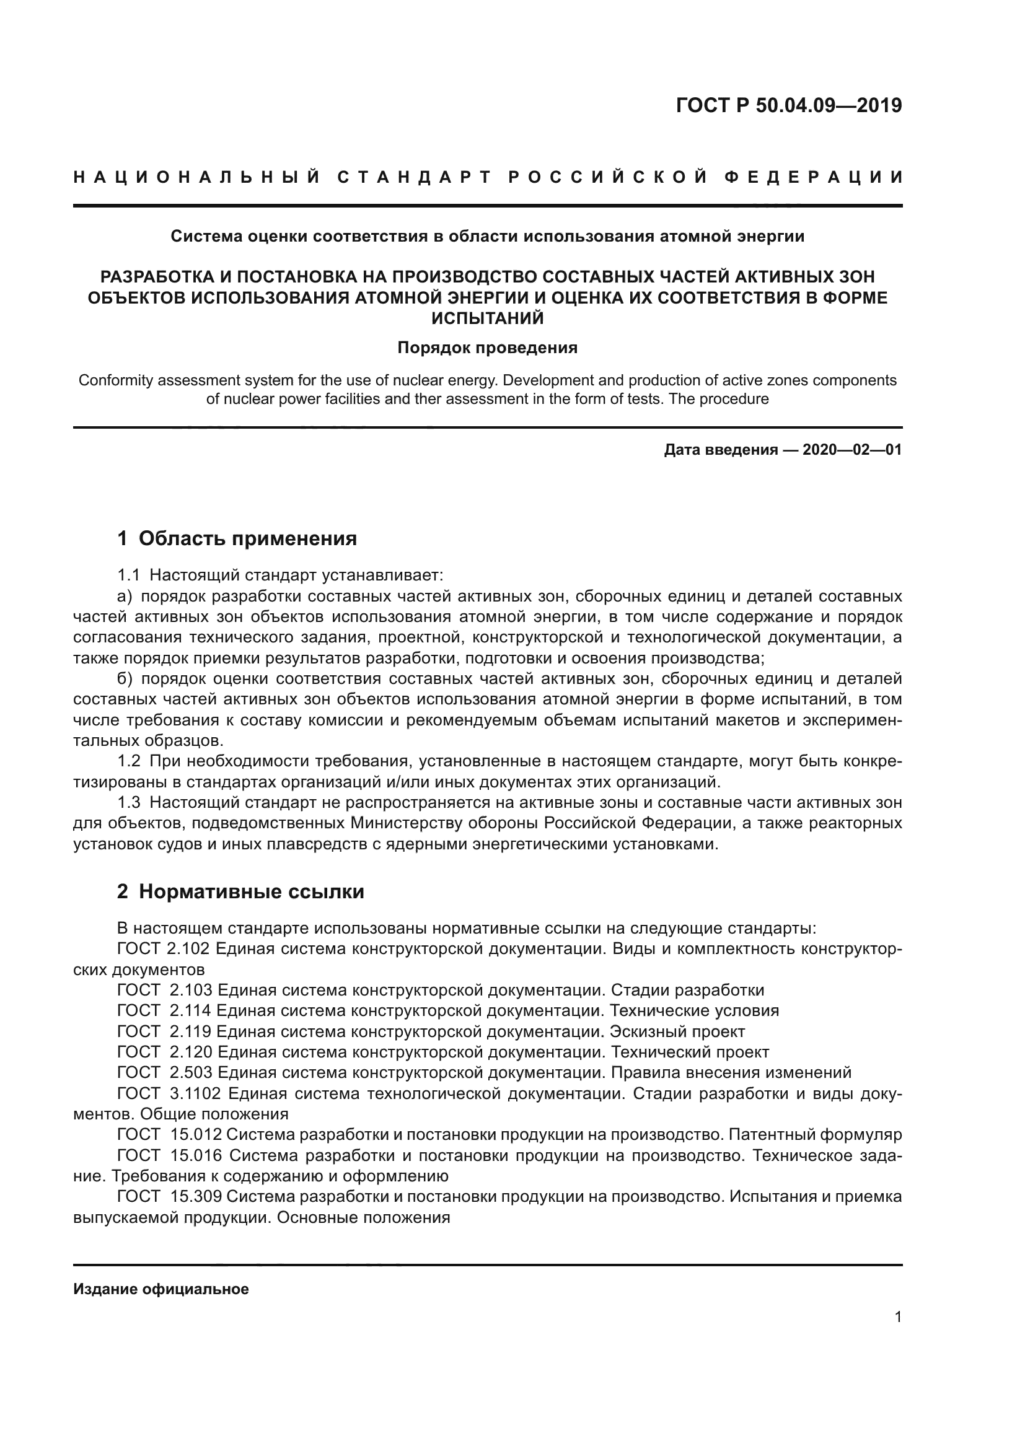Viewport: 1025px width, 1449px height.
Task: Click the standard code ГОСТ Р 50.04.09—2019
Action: pos(788,105)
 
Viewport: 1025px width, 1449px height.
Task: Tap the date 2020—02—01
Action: pos(852,450)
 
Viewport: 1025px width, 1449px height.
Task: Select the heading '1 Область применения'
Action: pos(237,538)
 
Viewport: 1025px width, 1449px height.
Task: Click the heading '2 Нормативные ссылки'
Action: pos(240,891)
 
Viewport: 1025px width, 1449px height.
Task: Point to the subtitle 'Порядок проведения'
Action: pos(487,348)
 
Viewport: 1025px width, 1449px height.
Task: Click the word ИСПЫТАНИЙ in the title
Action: pos(487,318)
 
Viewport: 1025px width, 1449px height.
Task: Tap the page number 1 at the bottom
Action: pos(898,1316)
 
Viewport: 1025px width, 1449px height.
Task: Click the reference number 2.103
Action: pos(191,990)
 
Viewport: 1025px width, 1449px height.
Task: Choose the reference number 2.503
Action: pos(191,1072)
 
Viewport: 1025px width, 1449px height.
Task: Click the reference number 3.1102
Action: pos(195,1093)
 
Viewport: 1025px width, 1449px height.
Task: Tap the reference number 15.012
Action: pos(196,1135)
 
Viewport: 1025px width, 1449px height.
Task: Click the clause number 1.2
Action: pos(129,761)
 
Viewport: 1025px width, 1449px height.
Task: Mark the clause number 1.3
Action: pos(129,803)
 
